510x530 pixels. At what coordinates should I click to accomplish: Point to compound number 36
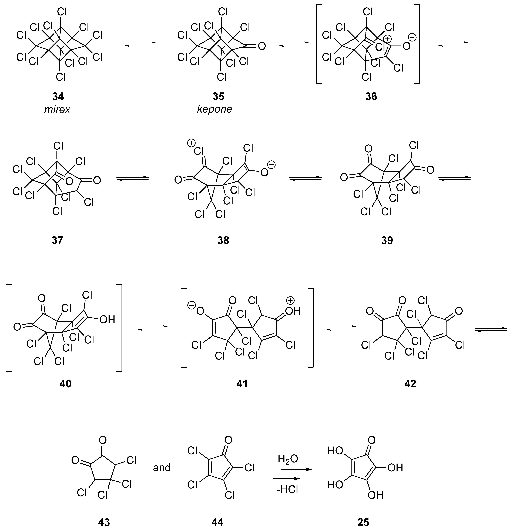(371, 96)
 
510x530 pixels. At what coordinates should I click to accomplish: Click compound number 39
(387, 240)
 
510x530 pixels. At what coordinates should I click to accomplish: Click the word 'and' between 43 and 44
(162, 468)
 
